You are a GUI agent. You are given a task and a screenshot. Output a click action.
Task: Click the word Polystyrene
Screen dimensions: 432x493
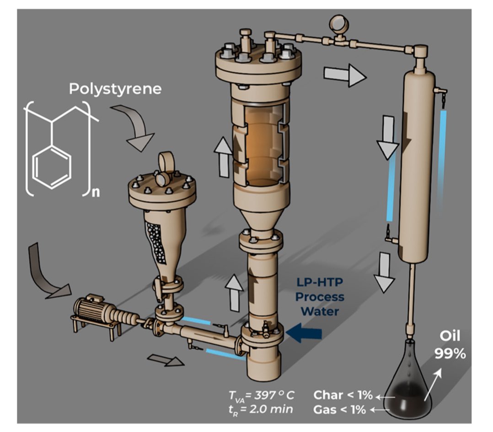tap(115, 89)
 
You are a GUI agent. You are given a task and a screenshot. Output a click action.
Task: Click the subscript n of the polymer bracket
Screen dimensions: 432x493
tap(95, 192)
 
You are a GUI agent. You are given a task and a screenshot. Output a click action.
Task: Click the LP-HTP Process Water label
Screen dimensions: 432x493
tap(319, 297)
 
